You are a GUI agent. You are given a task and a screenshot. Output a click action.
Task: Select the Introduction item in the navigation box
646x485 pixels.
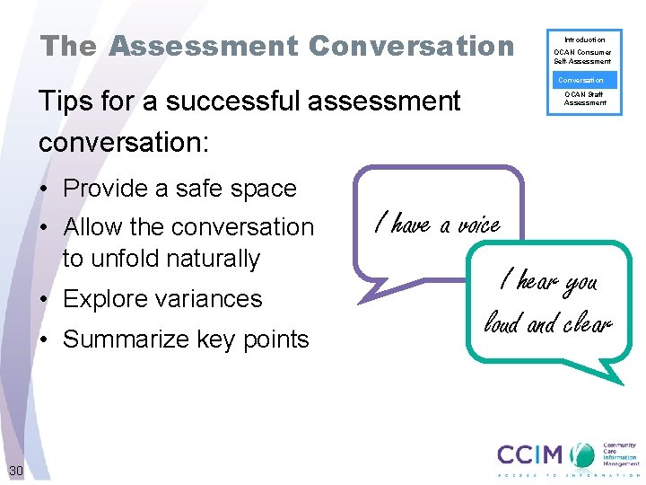click(x=584, y=40)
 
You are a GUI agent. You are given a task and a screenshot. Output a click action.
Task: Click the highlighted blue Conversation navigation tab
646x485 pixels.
click(x=584, y=80)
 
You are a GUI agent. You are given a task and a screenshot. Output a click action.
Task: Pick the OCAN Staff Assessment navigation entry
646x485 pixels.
click(x=584, y=98)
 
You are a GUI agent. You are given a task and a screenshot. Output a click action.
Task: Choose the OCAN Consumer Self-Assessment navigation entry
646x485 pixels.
click(x=584, y=57)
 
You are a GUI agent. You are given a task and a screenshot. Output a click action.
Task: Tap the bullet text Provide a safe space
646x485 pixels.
click(x=179, y=189)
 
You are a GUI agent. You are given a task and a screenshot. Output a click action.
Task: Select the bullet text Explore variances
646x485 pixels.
click(x=162, y=299)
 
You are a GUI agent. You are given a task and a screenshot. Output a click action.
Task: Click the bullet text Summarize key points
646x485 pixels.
click(x=186, y=339)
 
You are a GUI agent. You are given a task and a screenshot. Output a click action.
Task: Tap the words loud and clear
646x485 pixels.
click(x=547, y=321)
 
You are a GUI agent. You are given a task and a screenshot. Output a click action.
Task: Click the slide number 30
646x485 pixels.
click(x=16, y=471)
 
